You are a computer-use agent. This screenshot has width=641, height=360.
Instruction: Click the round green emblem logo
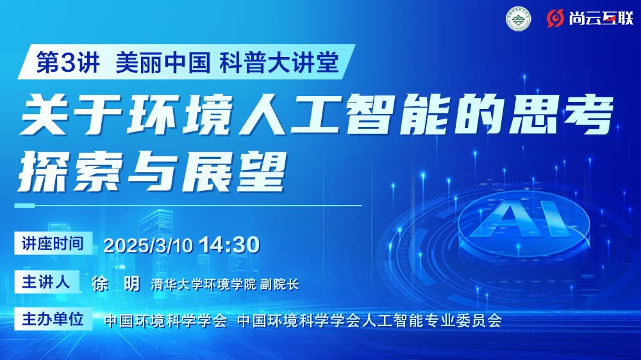pos(519,19)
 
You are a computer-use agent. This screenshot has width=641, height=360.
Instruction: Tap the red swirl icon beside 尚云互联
pos(555,19)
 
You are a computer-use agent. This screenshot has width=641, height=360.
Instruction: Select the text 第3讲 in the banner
pos(68,63)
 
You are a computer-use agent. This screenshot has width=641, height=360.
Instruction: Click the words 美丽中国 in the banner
pos(163,63)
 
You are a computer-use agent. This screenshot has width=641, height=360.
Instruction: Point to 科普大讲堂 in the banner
pos(279,63)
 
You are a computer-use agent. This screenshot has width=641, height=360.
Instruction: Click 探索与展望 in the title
pos(151,172)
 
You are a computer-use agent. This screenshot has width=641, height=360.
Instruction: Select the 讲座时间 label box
pos(53,243)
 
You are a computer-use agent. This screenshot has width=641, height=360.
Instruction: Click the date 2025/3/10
pos(148,245)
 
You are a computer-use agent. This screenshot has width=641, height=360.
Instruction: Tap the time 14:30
pos(229,245)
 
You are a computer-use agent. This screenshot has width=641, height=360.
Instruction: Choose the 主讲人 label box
pos(47,282)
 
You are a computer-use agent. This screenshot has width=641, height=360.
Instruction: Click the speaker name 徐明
pos(115,284)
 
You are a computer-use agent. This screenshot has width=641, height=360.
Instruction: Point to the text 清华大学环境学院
pos(203,284)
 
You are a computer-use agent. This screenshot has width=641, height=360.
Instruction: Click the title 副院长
pos(279,284)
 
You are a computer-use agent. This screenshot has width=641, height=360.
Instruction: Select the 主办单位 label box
pos(53,319)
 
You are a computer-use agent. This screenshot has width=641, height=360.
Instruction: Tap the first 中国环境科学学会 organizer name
pos(165,320)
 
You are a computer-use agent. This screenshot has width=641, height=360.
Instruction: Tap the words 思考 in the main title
pos(561,114)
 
